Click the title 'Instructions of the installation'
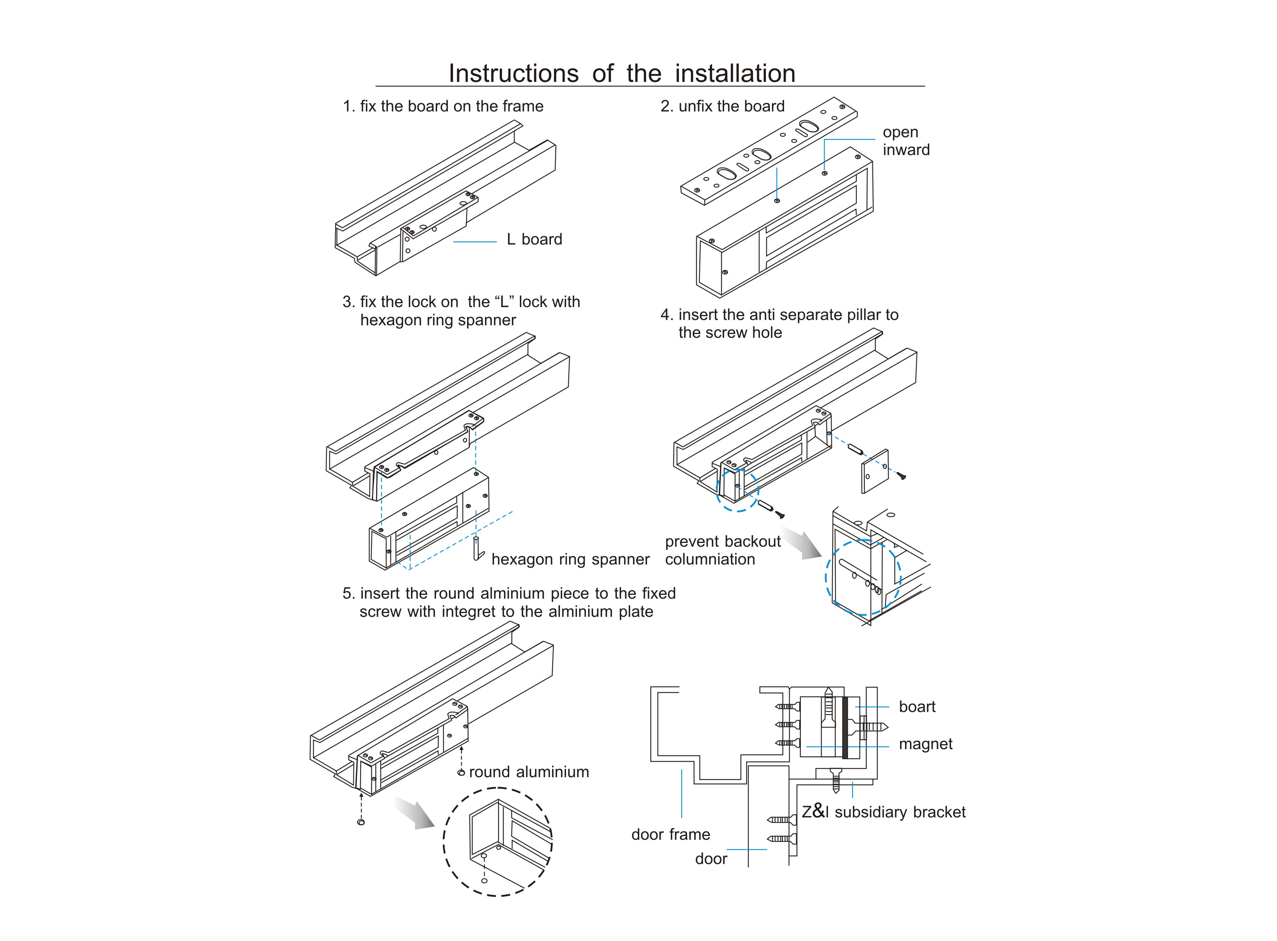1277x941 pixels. [621, 74]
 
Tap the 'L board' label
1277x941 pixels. [534, 239]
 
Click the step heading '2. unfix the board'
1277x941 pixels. [722, 107]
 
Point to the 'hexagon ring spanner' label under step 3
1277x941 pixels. [570, 559]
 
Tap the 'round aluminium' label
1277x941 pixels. [529, 772]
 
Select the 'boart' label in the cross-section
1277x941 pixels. [916, 707]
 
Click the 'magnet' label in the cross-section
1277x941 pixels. [925, 744]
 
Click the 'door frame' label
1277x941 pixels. [670, 834]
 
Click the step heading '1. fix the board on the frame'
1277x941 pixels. [442, 107]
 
